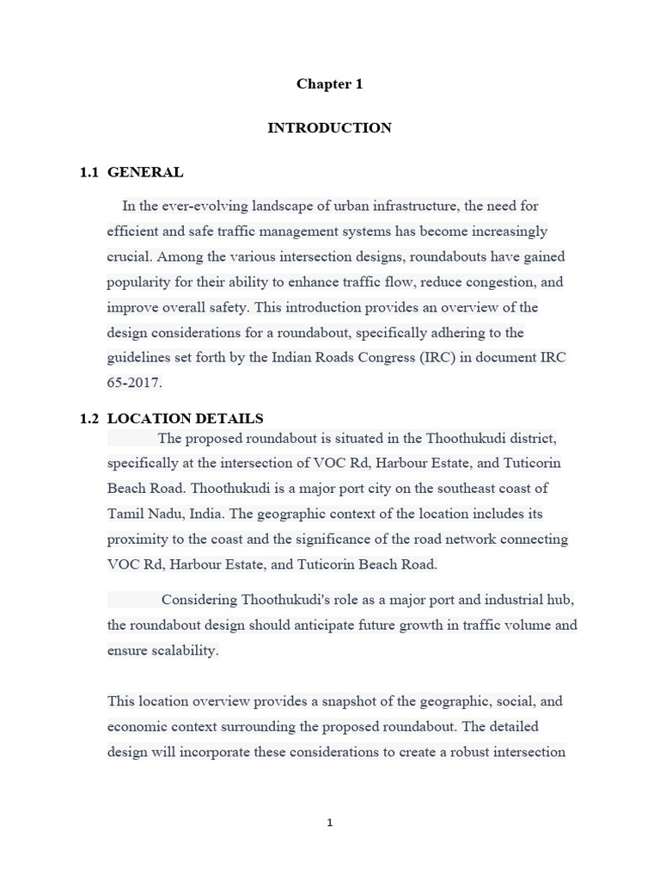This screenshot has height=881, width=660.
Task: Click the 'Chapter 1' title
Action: point(329,83)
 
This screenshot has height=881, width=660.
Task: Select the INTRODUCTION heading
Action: point(329,127)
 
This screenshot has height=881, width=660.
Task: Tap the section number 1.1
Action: point(89,172)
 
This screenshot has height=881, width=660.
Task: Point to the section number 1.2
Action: point(89,419)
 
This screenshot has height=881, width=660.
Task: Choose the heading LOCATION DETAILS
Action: point(186,419)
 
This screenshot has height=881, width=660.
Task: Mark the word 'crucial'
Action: point(129,256)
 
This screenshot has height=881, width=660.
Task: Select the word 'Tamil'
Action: point(125,514)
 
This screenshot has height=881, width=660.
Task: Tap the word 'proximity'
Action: point(137,539)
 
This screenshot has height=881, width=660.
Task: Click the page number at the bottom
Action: point(329,823)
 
